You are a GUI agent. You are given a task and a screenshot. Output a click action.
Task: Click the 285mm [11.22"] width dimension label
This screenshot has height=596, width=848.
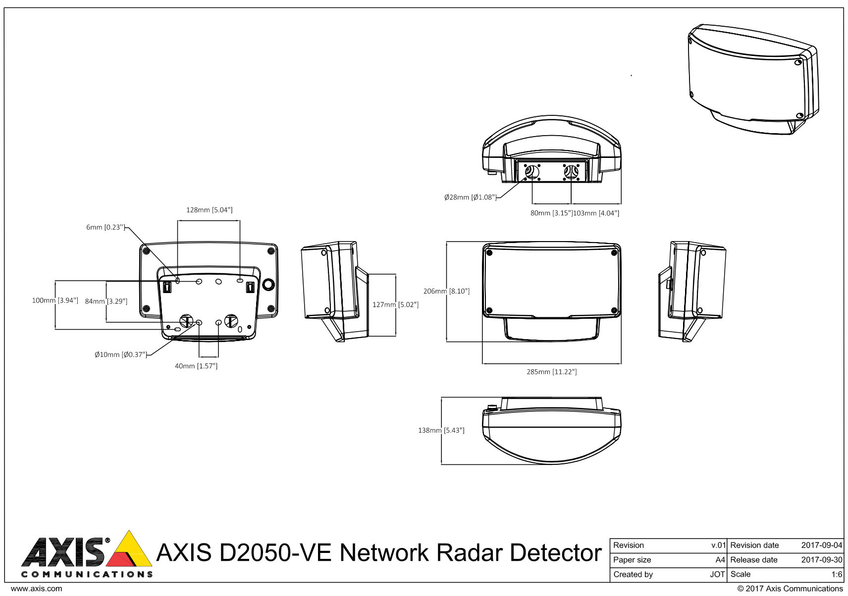[551, 372]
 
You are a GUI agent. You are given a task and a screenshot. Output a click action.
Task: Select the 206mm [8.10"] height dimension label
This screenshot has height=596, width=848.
[446, 291]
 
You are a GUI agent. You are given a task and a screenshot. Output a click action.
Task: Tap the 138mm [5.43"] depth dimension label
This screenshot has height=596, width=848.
[441, 430]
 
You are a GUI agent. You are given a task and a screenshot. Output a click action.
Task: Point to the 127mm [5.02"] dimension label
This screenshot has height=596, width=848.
[395, 304]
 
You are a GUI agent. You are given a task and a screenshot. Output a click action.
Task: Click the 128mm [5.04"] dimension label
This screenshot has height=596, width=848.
[209, 210]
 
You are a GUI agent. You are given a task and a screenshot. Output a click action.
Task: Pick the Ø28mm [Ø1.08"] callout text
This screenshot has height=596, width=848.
[470, 197]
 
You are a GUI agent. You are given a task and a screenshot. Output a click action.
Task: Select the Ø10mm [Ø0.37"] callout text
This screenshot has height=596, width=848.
[121, 354]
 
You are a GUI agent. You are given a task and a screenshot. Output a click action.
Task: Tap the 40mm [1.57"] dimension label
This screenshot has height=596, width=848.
[196, 366]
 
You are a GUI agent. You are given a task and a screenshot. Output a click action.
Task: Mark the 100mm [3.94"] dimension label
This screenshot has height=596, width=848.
[55, 300]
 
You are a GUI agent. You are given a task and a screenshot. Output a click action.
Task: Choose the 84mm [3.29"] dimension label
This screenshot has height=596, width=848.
[106, 301]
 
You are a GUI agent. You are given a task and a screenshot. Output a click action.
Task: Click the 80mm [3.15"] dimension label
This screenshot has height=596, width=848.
[551, 213]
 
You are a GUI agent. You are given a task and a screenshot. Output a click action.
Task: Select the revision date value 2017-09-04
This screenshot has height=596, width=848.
[821, 545]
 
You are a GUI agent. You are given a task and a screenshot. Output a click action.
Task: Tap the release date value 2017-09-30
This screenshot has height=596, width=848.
[821, 560]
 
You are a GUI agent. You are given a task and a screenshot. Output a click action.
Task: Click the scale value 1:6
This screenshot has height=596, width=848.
[836, 574]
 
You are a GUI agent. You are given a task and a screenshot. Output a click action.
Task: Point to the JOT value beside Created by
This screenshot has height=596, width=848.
[717, 574]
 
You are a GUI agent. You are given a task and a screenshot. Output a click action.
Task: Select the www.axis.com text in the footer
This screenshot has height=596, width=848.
[36, 589]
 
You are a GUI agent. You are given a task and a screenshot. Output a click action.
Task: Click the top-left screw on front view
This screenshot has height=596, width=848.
[489, 253]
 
